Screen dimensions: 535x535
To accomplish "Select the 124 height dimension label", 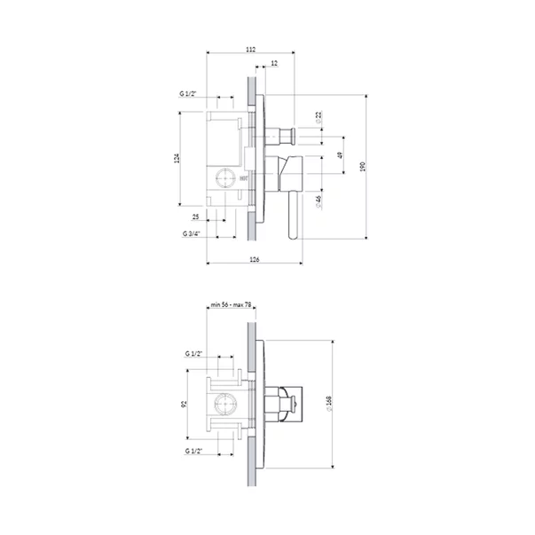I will point(177,158).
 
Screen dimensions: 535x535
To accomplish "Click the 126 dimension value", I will point(254,259).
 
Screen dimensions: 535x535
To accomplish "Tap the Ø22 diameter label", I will point(318,117).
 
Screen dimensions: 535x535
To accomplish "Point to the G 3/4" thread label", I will point(193,233).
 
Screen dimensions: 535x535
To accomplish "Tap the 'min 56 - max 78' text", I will point(230,305).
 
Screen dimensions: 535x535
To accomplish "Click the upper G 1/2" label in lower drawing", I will point(194,353).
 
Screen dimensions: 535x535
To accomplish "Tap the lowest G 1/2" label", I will point(194,452).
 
